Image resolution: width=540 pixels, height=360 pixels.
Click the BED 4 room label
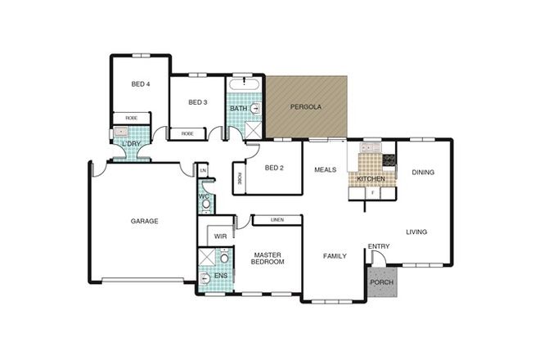(x=141, y=83)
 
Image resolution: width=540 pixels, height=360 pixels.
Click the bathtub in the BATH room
(x=244, y=84)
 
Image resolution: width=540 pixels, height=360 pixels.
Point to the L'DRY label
(x=131, y=145)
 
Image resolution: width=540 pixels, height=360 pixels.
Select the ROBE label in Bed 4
(x=130, y=119)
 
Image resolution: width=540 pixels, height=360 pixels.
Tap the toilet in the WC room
(x=205, y=201)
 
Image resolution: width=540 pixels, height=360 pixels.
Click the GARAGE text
(x=144, y=221)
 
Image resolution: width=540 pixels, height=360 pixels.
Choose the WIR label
(x=220, y=236)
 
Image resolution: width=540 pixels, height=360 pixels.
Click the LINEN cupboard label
(x=277, y=220)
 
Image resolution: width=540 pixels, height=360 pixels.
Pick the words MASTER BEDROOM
(x=268, y=258)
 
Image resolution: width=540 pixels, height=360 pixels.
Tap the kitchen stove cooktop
(x=389, y=160)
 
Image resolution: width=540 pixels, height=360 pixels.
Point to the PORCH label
(x=381, y=283)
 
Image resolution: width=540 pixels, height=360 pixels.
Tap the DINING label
(x=423, y=173)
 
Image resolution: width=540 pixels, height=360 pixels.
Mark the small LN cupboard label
(x=204, y=170)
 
